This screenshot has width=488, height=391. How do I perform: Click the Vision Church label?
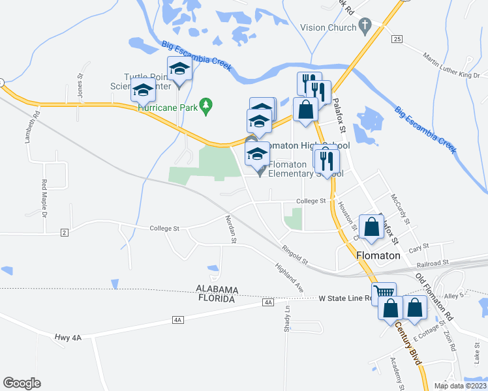click(x=328, y=28)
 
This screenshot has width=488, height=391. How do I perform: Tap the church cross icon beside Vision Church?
click(x=365, y=27)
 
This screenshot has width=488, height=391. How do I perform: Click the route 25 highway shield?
click(x=397, y=40)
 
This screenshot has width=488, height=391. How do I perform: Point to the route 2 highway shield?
click(x=64, y=233)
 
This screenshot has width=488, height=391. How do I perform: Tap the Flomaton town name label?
click(x=378, y=256)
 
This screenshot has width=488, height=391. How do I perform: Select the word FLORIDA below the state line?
click(x=215, y=298)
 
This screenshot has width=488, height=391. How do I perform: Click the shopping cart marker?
click(x=384, y=294)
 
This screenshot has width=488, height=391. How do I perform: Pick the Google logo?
click(x=22, y=383)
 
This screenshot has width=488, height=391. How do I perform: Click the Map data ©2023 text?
click(x=460, y=386)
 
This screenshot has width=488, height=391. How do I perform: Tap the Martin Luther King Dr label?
click(x=451, y=66)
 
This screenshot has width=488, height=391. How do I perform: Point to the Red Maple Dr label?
click(x=45, y=198)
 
